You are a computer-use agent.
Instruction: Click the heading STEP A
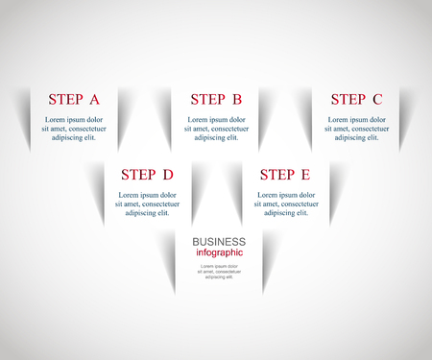[x=74, y=99]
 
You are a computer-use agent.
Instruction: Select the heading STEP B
[x=216, y=99]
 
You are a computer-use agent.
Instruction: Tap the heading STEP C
[x=356, y=99]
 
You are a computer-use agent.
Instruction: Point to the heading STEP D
[x=147, y=175]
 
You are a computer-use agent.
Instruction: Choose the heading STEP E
[x=285, y=175]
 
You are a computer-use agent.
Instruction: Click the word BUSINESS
[x=219, y=242]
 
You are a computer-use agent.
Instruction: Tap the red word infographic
[x=219, y=252]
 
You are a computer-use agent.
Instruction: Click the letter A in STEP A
[x=94, y=99]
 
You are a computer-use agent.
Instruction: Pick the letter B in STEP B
[x=236, y=99]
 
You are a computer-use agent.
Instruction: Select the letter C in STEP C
[x=376, y=99]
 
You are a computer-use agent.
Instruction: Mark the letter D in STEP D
[x=167, y=175]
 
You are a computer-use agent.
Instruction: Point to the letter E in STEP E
[x=305, y=175]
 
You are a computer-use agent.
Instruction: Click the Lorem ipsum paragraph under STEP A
[x=74, y=128]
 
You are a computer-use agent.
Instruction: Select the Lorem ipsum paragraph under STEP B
[x=216, y=128]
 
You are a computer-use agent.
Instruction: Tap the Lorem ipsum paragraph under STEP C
[x=356, y=128]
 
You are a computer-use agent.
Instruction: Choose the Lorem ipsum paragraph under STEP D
[x=147, y=204]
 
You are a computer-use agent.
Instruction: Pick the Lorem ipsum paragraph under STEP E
[x=285, y=204]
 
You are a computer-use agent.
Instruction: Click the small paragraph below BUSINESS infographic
[x=219, y=271]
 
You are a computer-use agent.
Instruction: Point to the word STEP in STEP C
[x=348, y=99]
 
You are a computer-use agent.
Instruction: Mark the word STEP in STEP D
[x=137, y=175]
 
